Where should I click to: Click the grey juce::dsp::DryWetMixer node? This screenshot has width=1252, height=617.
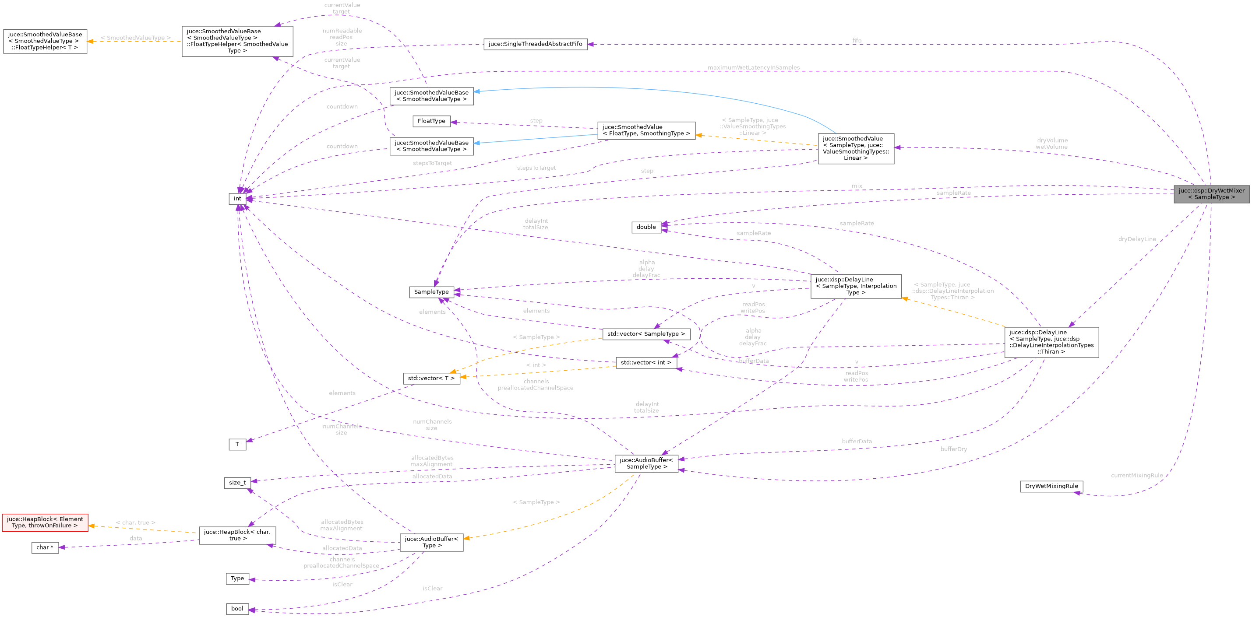pyautogui.click(x=1211, y=194)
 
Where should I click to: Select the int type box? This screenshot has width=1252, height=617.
pyautogui.click(x=237, y=199)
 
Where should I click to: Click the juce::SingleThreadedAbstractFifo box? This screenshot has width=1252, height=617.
pyautogui.click(x=535, y=44)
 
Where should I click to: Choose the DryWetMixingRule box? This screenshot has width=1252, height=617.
pyautogui.click(x=1051, y=486)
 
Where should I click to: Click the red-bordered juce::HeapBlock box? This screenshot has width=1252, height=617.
pyautogui.click(x=45, y=522)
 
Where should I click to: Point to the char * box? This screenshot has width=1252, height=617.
pyautogui.click(x=45, y=547)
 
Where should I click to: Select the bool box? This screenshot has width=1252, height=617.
pyautogui.click(x=237, y=609)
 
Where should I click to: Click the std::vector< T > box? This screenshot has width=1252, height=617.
pyautogui.click(x=431, y=378)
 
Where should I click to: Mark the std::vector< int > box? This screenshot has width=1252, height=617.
pyautogui.click(x=646, y=362)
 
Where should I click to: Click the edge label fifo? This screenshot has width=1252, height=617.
pyautogui.click(x=857, y=41)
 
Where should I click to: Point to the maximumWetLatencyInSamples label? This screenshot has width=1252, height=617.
pyautogui.click(x=753, y=67)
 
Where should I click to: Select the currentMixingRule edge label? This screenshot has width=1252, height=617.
pyautogui.click(x=1137, y=475)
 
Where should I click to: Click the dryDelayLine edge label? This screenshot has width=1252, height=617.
pyautogui.click(x=1137, y=239)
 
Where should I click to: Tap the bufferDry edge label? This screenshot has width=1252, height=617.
pyautogui.click(x=954, y=449)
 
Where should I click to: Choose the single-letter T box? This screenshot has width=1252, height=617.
pyautogui.click(x=237, y=444)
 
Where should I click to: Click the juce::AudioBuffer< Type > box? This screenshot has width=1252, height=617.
pyautogui.click(x=431, y=542)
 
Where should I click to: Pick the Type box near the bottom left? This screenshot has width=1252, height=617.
pyautogui.click(x=237, y=578)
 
